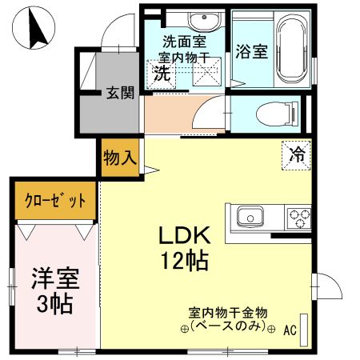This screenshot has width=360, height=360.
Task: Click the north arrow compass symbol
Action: tap(34, 29)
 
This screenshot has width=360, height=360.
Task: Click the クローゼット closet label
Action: tap(55, 199)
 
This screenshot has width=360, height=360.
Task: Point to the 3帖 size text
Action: tap(54, 303)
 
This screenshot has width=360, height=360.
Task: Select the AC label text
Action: tap(289, 330)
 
